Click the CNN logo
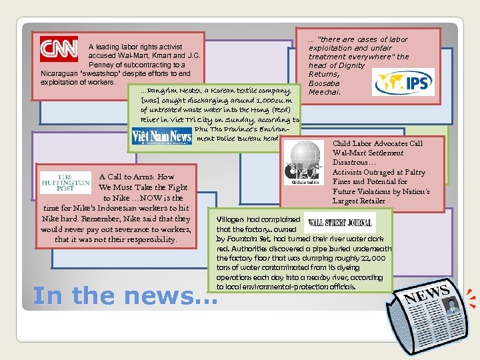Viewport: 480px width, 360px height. coord(59,49)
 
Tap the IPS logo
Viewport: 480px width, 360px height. coord(404,82)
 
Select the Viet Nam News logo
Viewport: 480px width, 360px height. coord(162,137)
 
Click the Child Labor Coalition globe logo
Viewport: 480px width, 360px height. coord(304,162)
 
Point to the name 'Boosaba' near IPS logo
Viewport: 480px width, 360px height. coord(324,83)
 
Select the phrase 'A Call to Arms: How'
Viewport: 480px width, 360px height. coord(137,177)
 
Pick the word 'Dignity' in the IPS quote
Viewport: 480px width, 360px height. coord(361,65)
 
